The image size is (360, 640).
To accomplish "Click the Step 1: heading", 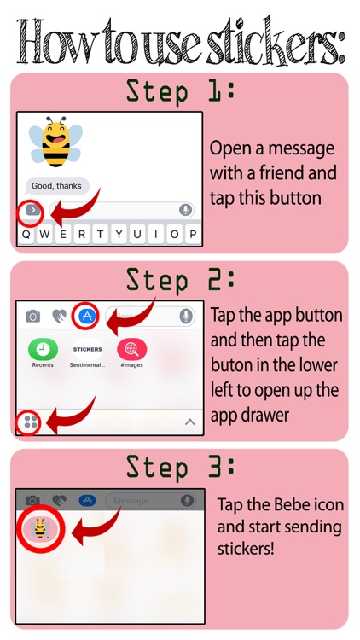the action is (x=180, y=90).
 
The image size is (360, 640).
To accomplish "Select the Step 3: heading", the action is (x=180, y=467).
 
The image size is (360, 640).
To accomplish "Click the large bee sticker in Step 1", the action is (x=55, y=141).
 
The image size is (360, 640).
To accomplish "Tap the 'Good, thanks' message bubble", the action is (x=57, y=186).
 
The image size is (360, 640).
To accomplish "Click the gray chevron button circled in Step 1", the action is (x=32, y=211).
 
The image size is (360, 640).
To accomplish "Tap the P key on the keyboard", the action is (x=193, y=235).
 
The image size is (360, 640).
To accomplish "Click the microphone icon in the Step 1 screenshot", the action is (x=185, y=210).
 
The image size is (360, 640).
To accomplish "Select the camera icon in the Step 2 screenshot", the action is (x=32, y=316).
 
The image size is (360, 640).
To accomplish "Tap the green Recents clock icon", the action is (x=43, y=349).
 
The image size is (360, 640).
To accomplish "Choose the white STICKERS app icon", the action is (x=87, y=349).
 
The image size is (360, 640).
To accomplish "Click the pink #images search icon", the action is (x=132, y=349).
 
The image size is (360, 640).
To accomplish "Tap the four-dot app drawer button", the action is (x=31, y=422).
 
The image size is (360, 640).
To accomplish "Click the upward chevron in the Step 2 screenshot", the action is (x=189, y=422).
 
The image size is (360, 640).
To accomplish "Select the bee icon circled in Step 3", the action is (x=40, y=528).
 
